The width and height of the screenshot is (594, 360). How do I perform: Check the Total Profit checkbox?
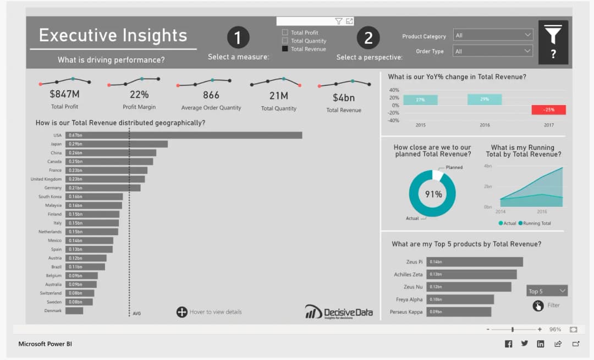point(285,32)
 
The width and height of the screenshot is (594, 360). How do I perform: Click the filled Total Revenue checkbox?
point(285,49)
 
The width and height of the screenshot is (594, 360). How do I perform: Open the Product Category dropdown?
point(493,35)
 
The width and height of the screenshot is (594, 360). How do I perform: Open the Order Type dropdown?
point(493,51)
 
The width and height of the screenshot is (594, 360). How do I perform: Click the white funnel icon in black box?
point(553,34)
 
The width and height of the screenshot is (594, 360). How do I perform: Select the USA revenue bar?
point(184,135)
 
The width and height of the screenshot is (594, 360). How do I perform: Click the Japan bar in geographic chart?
point(117,144)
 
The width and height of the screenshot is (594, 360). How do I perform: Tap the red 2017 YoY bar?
point(548,110)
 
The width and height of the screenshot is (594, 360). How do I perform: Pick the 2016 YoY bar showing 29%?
point(485,100)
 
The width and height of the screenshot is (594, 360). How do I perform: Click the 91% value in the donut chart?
point(433,194)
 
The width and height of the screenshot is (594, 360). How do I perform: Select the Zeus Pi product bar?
point(475,262)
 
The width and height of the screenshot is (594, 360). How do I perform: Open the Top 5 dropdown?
point(547,291)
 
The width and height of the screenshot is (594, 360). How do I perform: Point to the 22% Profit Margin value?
point(139,95)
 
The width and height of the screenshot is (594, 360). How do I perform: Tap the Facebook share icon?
point(508,344)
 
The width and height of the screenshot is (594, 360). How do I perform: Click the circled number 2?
point(369,37)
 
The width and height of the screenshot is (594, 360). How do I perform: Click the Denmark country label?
point(53,311)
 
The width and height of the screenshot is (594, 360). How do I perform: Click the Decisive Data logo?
point(339,312)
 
